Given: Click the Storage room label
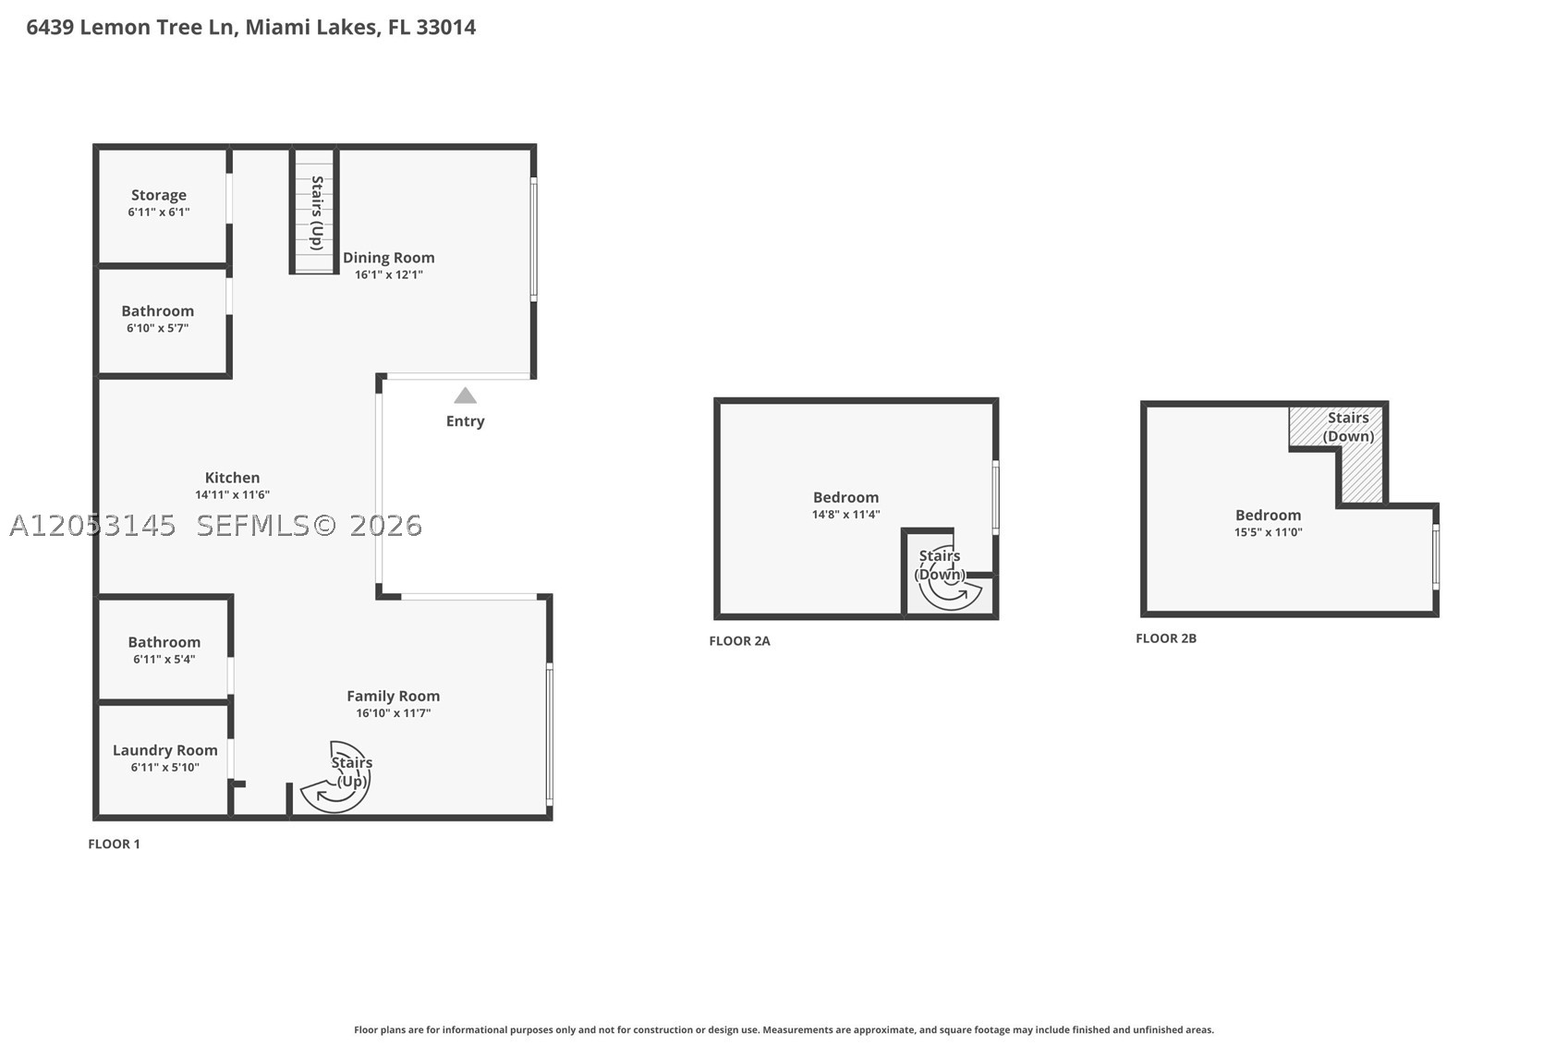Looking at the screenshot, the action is [159, 195].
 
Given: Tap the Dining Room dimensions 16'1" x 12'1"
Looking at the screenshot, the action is [388, 274].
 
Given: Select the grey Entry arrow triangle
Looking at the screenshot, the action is [465, 395].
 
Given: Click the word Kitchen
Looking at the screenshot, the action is [233, 478].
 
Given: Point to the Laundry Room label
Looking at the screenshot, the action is [165, 750].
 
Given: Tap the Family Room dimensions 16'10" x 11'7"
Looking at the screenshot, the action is [394, 713].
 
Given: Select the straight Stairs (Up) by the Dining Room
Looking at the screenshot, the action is [314, 211].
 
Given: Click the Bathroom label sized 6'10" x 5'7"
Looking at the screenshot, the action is [157, 310].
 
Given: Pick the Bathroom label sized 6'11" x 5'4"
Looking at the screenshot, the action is [164, 642].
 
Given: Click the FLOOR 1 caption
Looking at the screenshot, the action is [114, 845].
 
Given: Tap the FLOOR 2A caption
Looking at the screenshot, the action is [739, 641].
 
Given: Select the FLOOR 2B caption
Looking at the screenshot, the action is [1166, 638].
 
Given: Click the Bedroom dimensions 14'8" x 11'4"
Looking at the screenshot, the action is [845, 515].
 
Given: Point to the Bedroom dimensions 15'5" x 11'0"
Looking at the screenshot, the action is [1269, 532].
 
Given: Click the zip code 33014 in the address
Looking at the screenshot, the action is [446, 28].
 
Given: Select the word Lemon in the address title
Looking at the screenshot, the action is [106, 28].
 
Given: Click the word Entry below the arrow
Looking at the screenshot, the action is [466, 421].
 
